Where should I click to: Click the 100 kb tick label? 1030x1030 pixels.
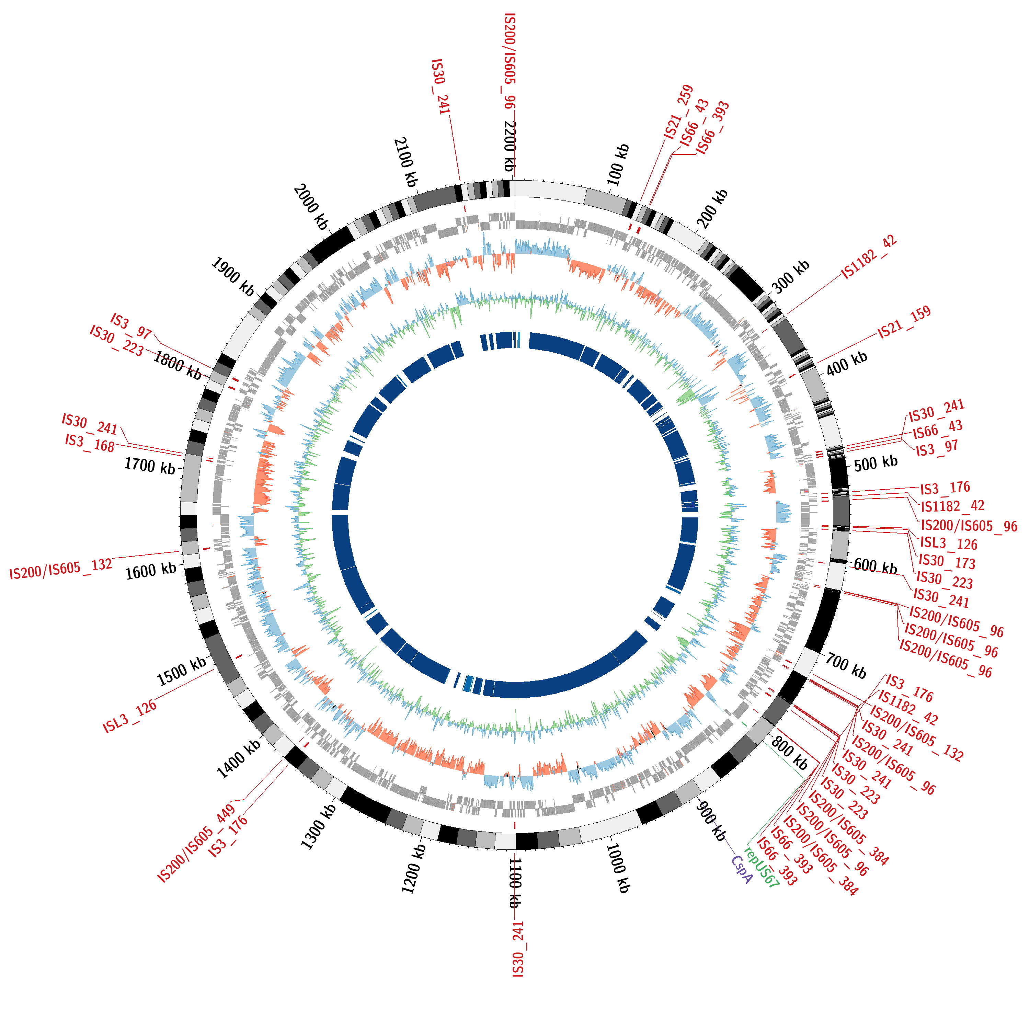tap(618, 165)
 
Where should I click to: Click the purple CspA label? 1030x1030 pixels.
tap(741, 870)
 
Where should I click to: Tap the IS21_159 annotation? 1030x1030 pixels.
tap(904, 322)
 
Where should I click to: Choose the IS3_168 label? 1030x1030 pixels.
tap(90, 443)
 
